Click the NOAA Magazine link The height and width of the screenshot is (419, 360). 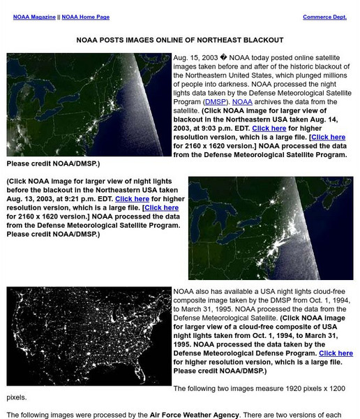tap(35, 17)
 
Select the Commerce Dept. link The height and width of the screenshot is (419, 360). tap(324, 17)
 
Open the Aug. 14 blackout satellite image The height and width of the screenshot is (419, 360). tap(89, 105)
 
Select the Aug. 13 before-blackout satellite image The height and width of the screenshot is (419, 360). tap(271, 228)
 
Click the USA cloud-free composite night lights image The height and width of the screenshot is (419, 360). tap(89, 337)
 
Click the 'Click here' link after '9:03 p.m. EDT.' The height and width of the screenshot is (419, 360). tap(269, 128)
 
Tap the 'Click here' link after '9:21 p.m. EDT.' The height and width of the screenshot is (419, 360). tap(132, 199)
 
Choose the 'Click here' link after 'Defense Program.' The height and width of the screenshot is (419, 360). tap(335, 353)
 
